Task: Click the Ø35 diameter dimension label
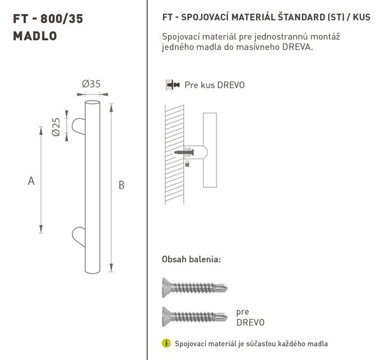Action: tap(91, 84)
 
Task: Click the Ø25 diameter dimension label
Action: tap(56, 127)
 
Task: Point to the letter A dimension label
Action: tap(31, 181)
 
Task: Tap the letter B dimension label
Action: tap(122, 185)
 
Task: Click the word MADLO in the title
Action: tap(35, 36)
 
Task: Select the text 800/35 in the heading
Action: tap(62, 18)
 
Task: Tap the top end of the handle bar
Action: tap(92, 102)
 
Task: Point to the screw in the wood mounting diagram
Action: tap(184, 152)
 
